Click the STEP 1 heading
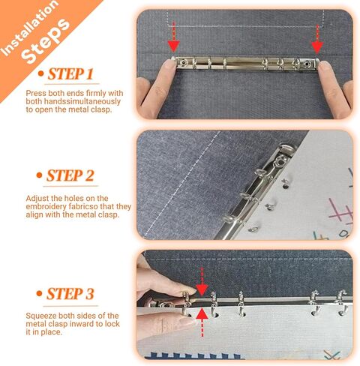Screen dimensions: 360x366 [x=70, y=74]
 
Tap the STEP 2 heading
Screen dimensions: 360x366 [x=70, y=175]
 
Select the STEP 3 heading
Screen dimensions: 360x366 [x=70, y=294]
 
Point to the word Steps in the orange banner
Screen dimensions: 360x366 [x=45, y=41]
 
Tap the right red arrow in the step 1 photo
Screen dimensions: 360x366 [x=317, y=39]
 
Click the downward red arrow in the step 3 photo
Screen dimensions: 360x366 [x=202, y=281]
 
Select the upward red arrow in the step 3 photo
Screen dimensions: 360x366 [x=202, y=323]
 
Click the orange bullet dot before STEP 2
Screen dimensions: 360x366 [x=39, y=175]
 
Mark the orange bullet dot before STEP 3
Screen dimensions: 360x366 [x=39, y=293]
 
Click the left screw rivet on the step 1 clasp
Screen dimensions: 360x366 [x=184, y=62]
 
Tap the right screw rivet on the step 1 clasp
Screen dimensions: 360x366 [x=306, y=64]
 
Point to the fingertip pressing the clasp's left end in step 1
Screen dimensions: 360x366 [x=168, y=67]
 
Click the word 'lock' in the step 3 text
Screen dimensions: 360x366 [x=112, y=324]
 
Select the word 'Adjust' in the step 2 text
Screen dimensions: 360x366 [x=37, y=199]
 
